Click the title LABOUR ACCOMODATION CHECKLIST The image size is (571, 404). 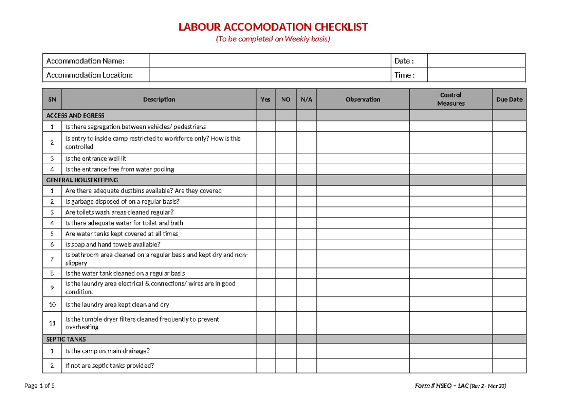pyautogui.click(x=273, y=27)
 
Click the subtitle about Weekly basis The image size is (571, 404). pyautogui.click(x=273, y=39)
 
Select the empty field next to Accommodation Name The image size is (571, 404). pyautogui.click(x=269, y=61)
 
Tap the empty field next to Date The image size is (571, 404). pyautogui.click(x=476, y=61)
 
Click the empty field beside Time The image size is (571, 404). pyautogui.click(x=476, y=75)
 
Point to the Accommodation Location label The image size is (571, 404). pyautogui.click(x=89, y=75)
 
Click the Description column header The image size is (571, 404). pyautogui.click(x=159, y=99)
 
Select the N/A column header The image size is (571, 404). pyautogui.click(x=306, y=99)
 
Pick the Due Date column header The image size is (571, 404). pyautogui.click(x=509, y=99)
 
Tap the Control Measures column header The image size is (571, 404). pyautogui.click(x=451, y=99)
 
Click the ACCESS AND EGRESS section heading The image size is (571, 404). pyautogui.click(x=75, y=116)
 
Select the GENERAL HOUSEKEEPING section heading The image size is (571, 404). pyautogui.click(x=82, y=180)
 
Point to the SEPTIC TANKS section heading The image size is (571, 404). pyautogui.click(x=66, y=339)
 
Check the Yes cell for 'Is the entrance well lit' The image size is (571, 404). pyautogui.click(x=266, y=158)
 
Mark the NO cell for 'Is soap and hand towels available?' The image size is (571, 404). pyautogui.click(x=285, y=245)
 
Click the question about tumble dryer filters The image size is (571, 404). pyautogui.click(x=142, y=323)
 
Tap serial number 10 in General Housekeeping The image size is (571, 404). pyautogui.click(x=52, y=305)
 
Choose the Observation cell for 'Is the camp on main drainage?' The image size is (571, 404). pyautogui.click(x=363, y=351)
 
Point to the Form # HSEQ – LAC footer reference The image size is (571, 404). pyautogui.click(x=461, y=386)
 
